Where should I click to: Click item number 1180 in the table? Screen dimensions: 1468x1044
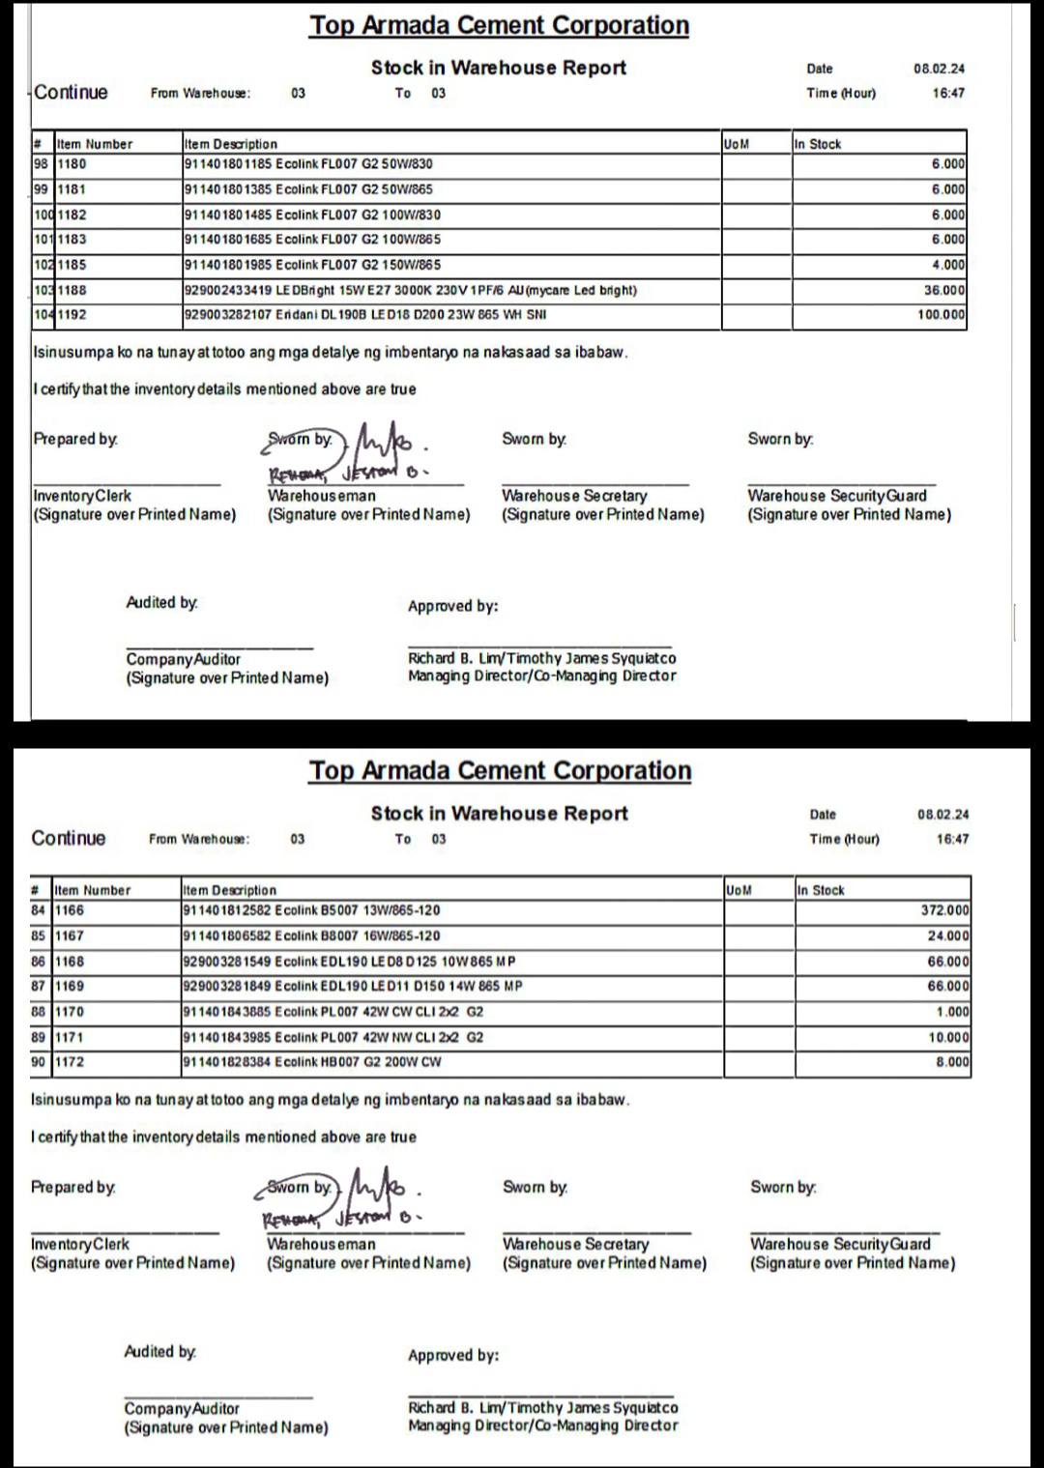[72, 164]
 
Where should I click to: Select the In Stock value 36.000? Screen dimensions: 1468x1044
[943, 290]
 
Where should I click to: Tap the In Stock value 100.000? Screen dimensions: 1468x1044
[941, 315]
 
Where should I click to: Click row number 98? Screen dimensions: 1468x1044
[41, 164]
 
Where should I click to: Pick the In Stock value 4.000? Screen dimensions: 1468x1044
[947, 265]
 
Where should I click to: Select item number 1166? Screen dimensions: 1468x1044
[70, 910]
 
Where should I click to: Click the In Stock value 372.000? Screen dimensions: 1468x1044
[944, 910]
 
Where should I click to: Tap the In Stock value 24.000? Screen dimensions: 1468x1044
[948, 935]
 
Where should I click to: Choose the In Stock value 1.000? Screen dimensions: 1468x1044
[951, 1012]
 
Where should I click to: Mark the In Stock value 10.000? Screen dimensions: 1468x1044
[948, 1037]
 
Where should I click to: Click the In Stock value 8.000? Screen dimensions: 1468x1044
[951, 1062]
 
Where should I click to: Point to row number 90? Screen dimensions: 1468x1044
[39, 1062]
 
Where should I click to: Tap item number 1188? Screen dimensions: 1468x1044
[72, 290]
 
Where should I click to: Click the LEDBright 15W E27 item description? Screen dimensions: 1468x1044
[410, 290]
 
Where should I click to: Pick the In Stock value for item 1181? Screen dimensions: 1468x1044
[947, 189]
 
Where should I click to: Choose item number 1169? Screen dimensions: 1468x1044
[70, 987]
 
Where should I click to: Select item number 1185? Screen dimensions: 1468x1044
[72, 265]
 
